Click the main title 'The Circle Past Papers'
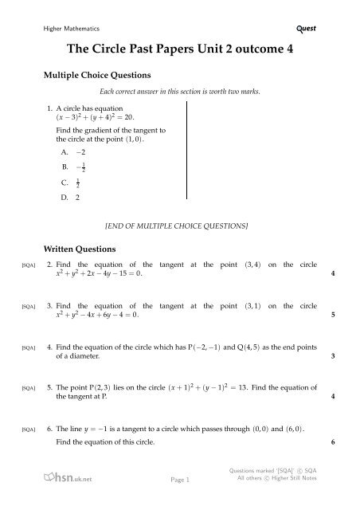(179, 49)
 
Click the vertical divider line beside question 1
(186, 163)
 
